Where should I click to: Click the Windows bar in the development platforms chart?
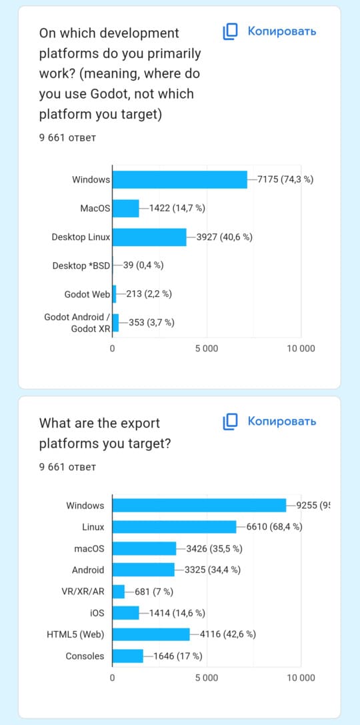click(x=180, y=179)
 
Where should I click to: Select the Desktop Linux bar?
click(x=150, y=237)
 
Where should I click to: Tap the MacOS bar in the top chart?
click(x=126, y=208)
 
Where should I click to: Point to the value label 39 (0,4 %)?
click(x=143, y=265)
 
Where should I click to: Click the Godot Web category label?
click(x=87, y=294)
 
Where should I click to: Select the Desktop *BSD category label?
click(x=81, y=266)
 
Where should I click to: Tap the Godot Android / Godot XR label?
click(x=77, y=323)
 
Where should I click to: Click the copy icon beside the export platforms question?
click(x=230, y=422)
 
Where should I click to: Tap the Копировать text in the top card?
click(x=282, y=31)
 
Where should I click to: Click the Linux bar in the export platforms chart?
click(x=175, y=527)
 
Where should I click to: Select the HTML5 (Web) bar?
click(x=151, y=634)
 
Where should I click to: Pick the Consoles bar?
click(x=128, y=656)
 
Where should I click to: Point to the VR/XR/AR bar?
click(x=119, y=592)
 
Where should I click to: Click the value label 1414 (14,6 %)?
click(x=177, y=613)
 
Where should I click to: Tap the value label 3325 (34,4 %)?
click(x=212, y=570)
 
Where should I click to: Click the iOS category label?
click(x=97, y=613)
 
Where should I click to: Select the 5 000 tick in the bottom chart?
click(x=207, y=678)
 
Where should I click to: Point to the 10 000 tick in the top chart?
click(x=301, y=348)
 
